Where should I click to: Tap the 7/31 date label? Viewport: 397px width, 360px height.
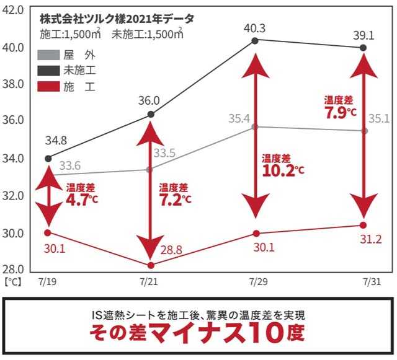click(x=371, y=281)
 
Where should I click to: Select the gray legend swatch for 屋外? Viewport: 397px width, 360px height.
click(x=48, y=55)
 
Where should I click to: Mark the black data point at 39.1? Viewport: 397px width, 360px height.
click(x=364, y=48)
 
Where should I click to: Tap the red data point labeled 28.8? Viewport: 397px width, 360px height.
click(x=151, y=265)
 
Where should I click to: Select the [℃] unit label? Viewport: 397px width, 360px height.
click(x=13, y=281)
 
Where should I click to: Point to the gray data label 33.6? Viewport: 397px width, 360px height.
click(x=70, y=165)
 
